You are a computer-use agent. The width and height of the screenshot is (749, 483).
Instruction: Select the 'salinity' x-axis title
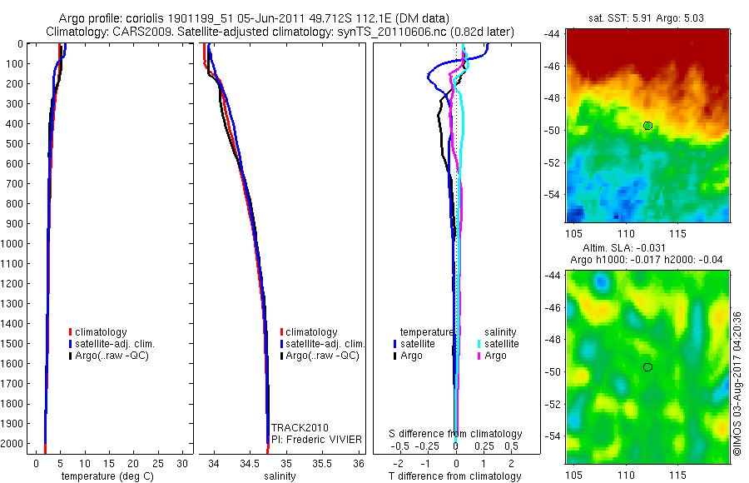point(280,476)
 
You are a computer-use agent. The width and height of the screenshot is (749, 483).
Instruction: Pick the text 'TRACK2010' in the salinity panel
point(295,428)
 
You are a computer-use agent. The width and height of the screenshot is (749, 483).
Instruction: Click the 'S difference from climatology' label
point(456,434)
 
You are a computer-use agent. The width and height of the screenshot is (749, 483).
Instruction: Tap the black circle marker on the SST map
point(647,126)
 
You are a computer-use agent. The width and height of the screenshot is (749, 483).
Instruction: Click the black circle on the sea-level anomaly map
point(647,367)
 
